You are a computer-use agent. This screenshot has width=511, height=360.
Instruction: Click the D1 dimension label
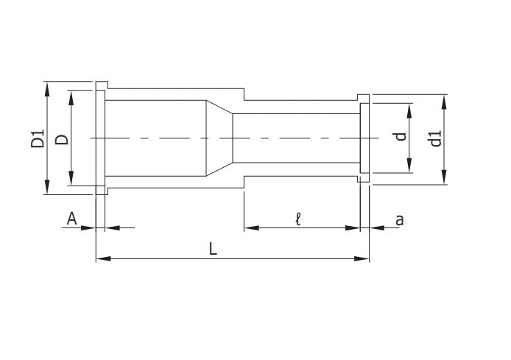coord(38,138)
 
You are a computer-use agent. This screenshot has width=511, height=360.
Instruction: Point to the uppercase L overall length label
coord(212,249)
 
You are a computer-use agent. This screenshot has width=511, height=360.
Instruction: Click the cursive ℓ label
coord(298,219)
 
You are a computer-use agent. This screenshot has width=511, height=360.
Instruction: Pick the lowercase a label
coord(400,219)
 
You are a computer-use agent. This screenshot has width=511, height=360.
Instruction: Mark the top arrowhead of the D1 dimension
coord(48,86)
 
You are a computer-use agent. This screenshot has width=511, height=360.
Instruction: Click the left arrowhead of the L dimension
coord(101,258)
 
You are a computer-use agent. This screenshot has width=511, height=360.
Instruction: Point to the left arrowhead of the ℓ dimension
coord(249,228)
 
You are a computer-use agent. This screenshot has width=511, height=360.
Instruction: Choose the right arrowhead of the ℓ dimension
coord(356,228)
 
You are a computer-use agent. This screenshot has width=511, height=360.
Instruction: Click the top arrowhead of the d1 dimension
coord(445,100)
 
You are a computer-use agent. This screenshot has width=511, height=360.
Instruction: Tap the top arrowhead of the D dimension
coord(71,95)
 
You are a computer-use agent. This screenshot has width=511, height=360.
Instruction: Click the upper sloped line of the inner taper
coord(219,107)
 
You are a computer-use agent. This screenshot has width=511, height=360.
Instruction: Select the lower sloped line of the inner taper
coord(219,169)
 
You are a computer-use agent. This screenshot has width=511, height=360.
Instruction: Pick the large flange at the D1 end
coord(100,138)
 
